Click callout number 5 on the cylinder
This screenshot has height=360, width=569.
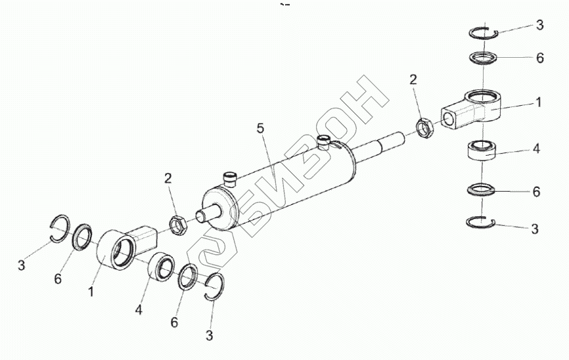260,128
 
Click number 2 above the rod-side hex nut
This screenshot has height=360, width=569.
413,80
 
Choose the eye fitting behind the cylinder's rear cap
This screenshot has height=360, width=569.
125,246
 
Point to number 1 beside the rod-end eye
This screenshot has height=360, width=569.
539,103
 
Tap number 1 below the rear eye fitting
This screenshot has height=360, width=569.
91,289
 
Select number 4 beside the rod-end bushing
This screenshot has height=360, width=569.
537,149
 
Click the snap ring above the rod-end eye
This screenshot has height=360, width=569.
484,33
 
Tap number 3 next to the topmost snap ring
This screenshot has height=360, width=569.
539,25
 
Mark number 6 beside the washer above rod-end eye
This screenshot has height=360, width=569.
539,58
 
